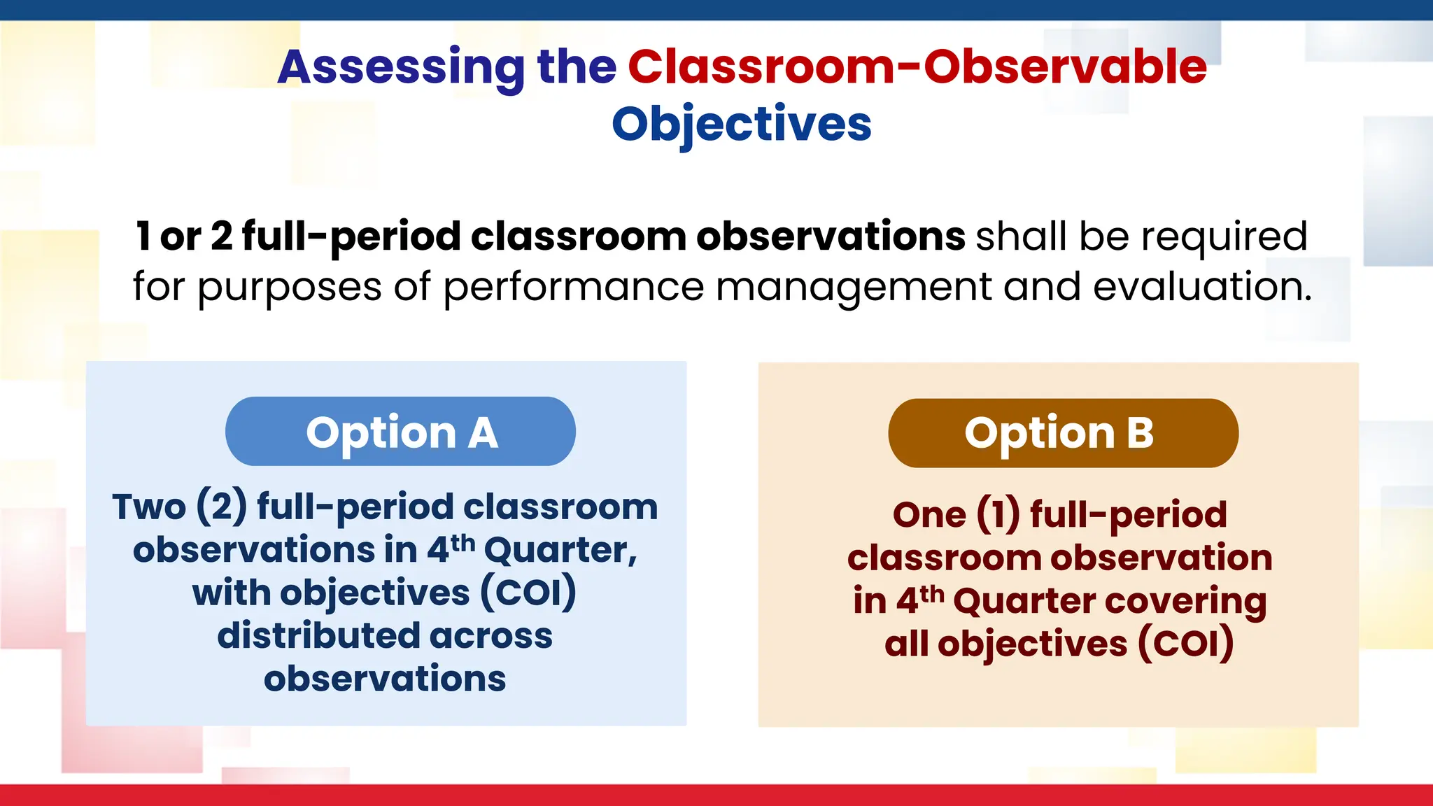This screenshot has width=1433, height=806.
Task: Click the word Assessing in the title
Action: tap(400, 69)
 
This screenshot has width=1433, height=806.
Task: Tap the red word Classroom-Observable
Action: tap(917, 67)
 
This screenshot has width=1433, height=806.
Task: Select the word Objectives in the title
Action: tap(742, 125)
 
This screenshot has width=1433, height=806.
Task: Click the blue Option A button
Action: tap(400, 432)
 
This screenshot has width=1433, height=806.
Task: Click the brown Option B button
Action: tap(1062, 433)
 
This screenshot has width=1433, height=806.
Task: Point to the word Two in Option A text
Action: tap(149, 507)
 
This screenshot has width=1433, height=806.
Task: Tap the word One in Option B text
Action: tap(929, 515)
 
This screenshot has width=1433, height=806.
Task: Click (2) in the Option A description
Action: tap(221, 507)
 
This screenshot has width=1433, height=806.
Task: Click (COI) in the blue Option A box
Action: tap(528, 593)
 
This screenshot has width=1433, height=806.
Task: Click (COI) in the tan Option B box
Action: tap(1185, 644)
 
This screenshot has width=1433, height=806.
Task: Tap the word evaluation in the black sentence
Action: tap(1201, 288)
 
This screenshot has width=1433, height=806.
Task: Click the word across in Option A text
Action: tap(490, 636)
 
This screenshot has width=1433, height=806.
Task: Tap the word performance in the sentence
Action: tap(573, 288)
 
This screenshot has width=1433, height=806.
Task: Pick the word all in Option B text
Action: tap(906, 644)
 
